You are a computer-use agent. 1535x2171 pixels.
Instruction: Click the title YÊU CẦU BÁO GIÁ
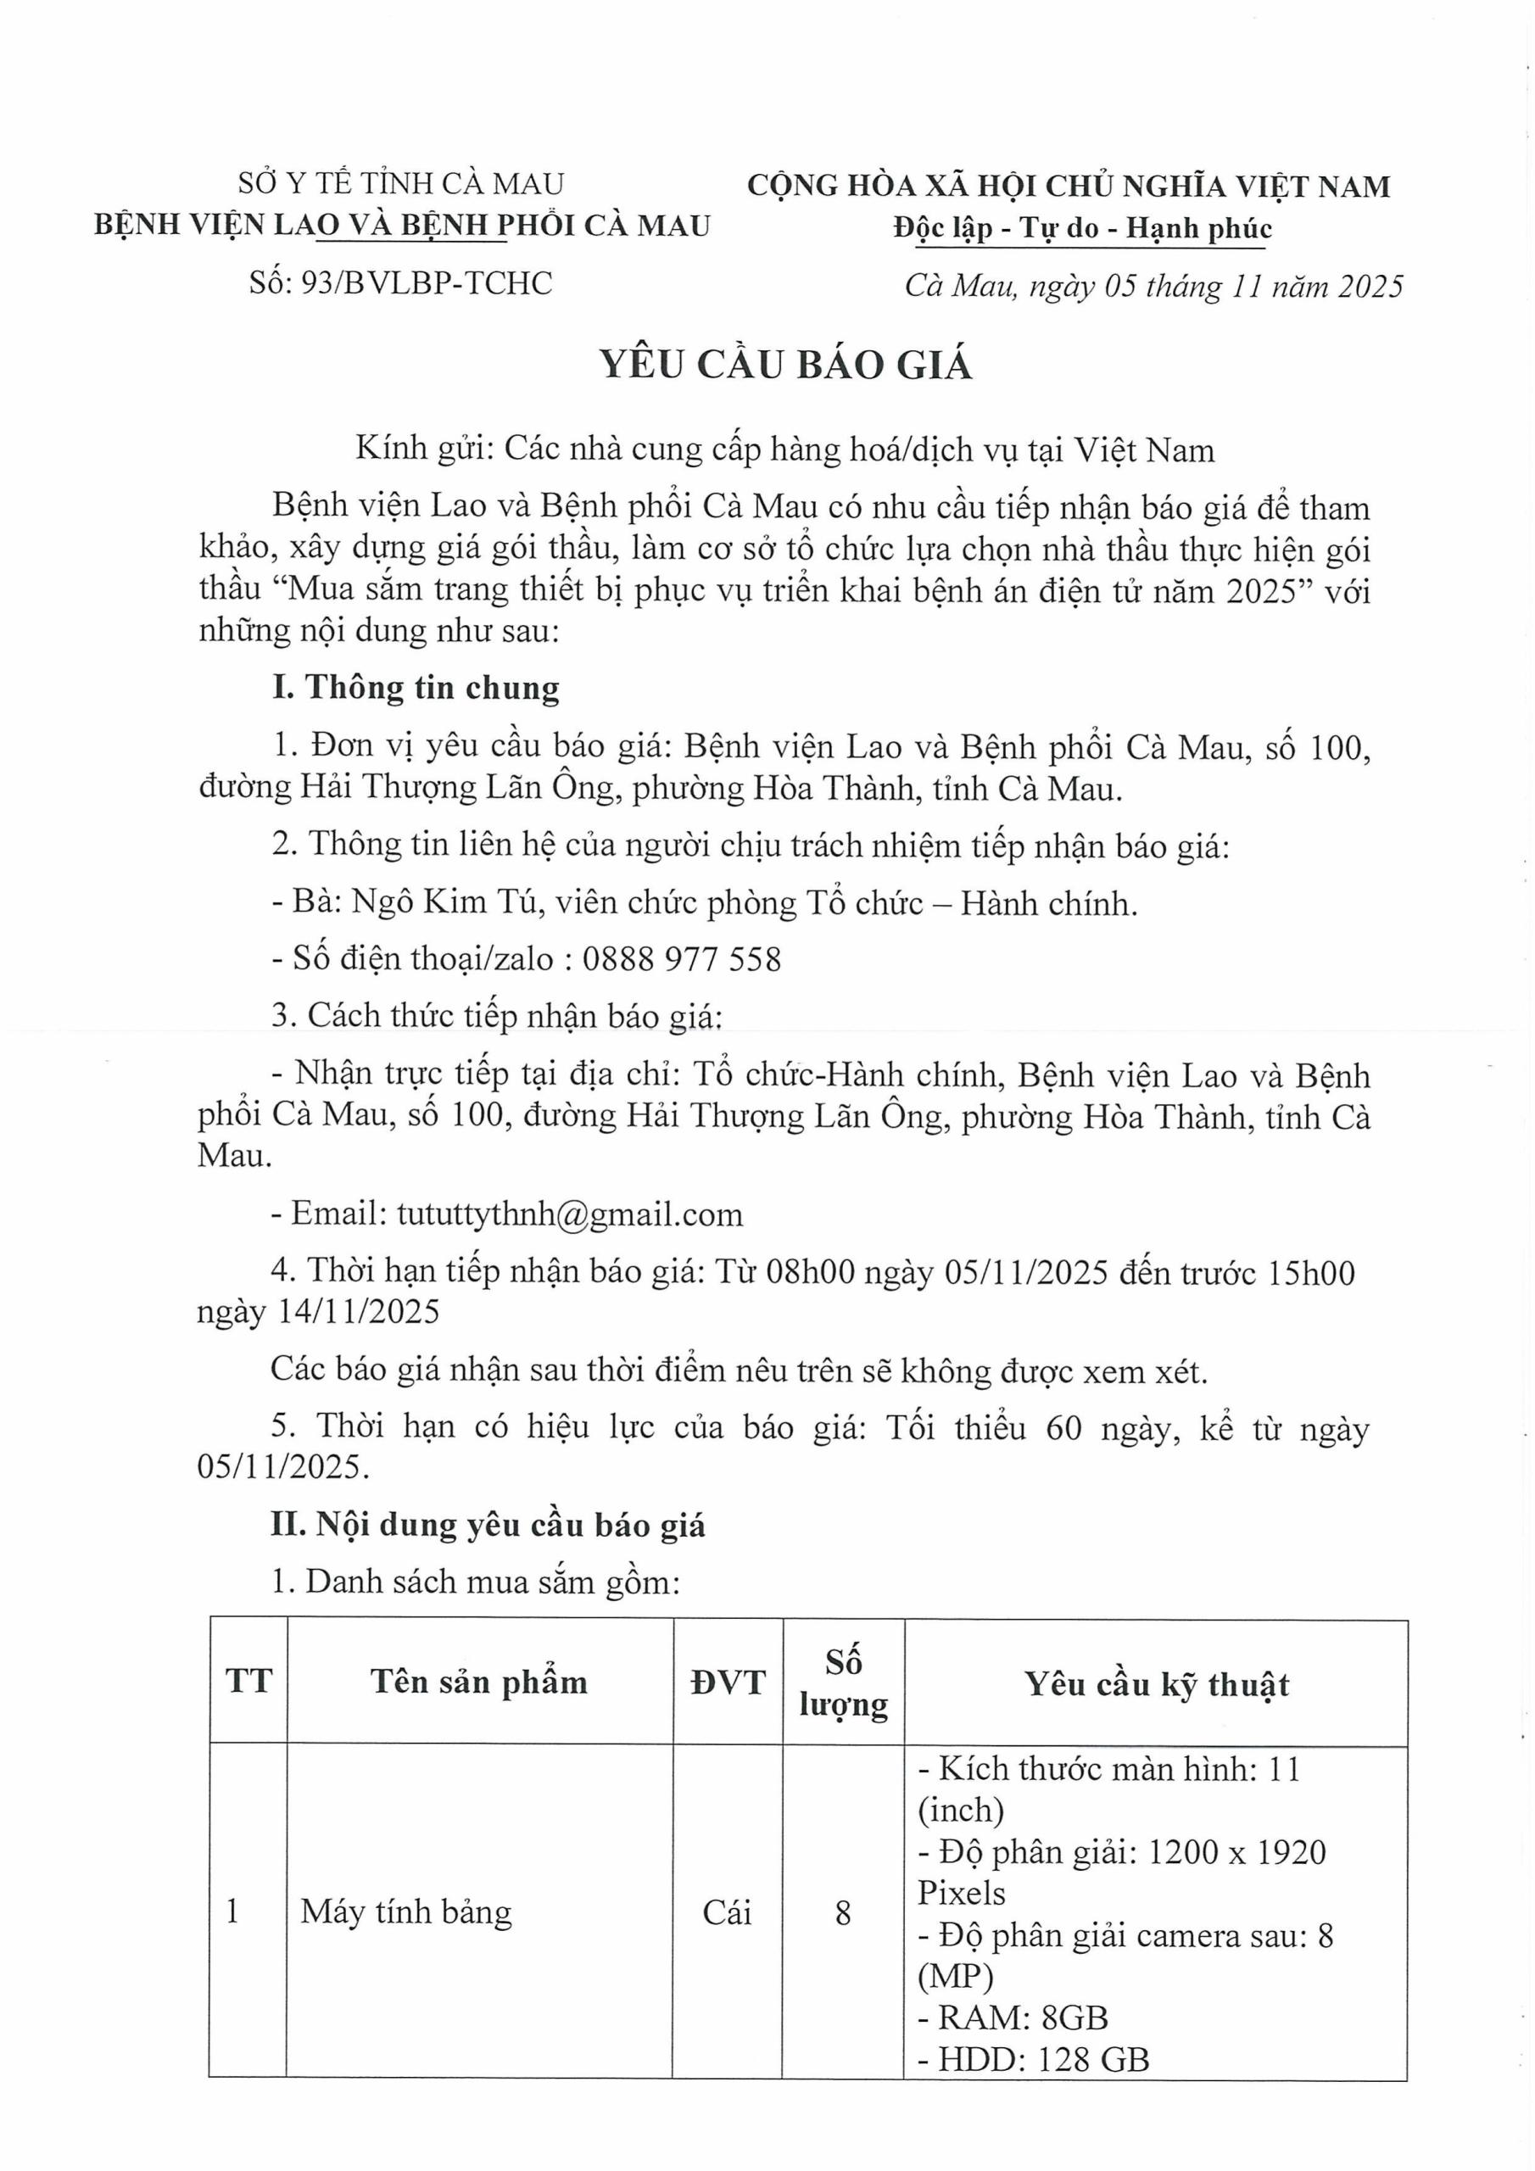point(786,364)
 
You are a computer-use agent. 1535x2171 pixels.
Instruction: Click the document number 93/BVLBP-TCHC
point(426,282)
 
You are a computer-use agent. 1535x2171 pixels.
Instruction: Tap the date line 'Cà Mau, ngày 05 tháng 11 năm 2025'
point(1153,286)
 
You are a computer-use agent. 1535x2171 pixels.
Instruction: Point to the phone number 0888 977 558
point(682,959)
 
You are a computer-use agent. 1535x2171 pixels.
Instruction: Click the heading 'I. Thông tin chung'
point(416,688)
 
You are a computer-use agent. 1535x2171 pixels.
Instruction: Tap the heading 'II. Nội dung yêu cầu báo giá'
point(488,1525)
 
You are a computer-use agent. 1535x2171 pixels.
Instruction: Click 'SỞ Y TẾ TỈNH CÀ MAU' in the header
point(401,182)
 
